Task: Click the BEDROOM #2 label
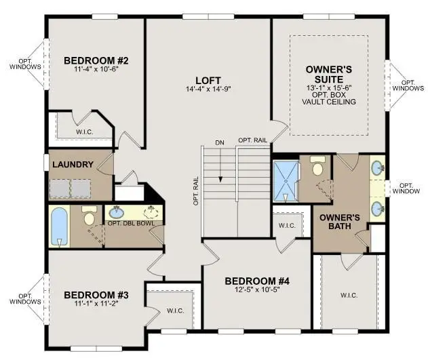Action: (x=96, y=60)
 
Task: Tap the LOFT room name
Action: (x=208, y=81)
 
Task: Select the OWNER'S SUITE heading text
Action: (x=329, y=75)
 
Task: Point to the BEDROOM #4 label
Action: (x=257, y=281)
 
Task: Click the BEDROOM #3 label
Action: (x=96, y=295)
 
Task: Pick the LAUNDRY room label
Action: (x=73, y=165)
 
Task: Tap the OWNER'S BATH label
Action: (x=340, y=222)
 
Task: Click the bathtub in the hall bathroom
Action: (x=59, y=227)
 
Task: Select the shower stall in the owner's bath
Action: (x=286, y=182)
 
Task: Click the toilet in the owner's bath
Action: (x=317, y=165)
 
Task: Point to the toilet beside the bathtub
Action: (x=90, y=215)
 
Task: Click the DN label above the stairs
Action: (x=220, y=142)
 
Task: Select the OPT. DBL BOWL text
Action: (x=132, y=223)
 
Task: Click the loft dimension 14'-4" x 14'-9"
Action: (x=208, y=89)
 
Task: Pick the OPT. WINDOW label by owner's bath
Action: (x=406, y=188)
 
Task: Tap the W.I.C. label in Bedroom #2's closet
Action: (x=85, y=132)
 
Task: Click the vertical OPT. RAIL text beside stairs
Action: (x=196, y=191)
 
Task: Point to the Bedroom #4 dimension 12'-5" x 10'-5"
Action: (x=257, y=289)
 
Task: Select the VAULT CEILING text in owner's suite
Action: (x=329, y=102)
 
